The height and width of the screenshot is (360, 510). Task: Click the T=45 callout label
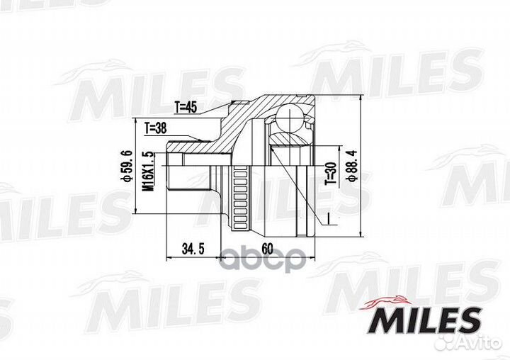click(x=186, y=107)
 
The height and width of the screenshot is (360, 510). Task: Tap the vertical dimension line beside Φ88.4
click(x=362, y=167)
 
